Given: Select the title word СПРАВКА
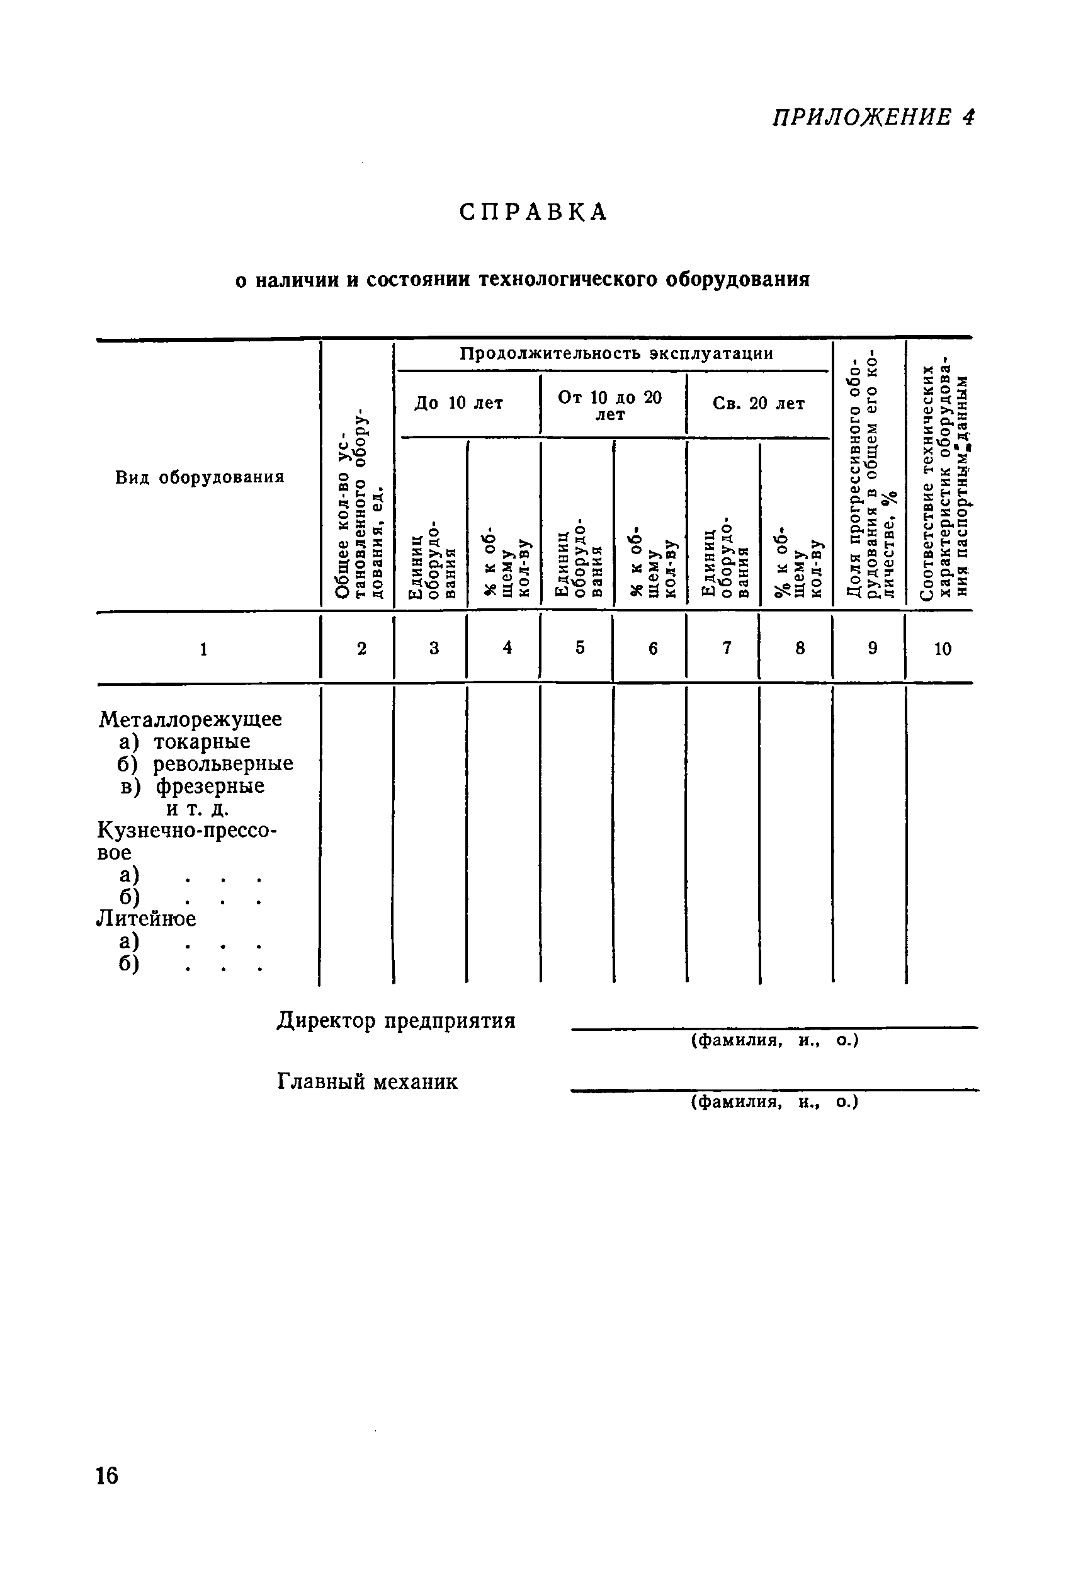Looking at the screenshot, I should click(x=533, y=212).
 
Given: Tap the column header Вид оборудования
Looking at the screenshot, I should click(x=200, y=477).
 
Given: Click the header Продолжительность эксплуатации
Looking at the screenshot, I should click(x=616, y=354).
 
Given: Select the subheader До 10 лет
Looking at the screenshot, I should click(x=458, y=403).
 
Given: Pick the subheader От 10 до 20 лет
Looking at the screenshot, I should click(x=610, y=406).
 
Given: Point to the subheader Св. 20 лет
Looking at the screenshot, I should click(x=758, y=404).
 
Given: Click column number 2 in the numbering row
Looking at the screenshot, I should click(x=361, y=648).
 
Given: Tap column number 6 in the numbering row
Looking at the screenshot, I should click(x=653, y=649).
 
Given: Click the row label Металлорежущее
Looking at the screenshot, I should click(x=190, y=719).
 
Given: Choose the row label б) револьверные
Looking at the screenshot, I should click(x=206, y=763).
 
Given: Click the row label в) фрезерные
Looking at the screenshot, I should click(x=193, y=786).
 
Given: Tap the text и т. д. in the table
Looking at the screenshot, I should click(x=198, y=809).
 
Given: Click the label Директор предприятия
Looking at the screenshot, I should click(x=396, y=1021).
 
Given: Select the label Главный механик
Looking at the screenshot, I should click(x=368, y=1082).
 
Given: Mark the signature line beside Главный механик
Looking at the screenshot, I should click(x=774, y=1090).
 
